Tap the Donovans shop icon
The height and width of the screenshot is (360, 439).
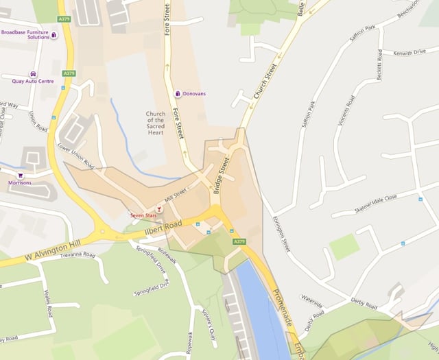(x=178, y=93)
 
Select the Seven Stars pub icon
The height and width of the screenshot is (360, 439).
(x=160, y=207)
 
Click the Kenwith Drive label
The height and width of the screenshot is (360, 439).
(x=410, y=52)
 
